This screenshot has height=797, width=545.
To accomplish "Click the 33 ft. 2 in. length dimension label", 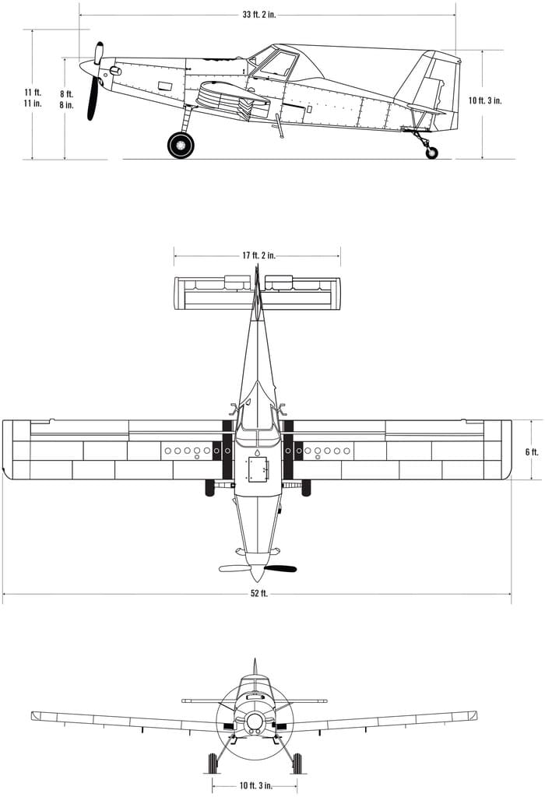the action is (258, 15).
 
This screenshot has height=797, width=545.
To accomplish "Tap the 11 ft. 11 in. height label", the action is (33, 97).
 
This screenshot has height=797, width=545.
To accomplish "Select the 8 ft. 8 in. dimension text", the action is (67, 100).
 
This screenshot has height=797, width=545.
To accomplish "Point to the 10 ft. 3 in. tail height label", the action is (485, 100).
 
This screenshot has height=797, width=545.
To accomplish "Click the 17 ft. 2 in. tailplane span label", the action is (258, 255).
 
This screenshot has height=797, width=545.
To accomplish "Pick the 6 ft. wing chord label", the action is (532, 452).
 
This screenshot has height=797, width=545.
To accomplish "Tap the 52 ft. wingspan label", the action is (258, 593).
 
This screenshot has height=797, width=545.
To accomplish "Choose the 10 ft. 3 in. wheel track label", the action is (255, 786).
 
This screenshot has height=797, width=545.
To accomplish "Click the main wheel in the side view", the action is (181, 145).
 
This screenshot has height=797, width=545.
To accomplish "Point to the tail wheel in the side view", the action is (431, 153).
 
